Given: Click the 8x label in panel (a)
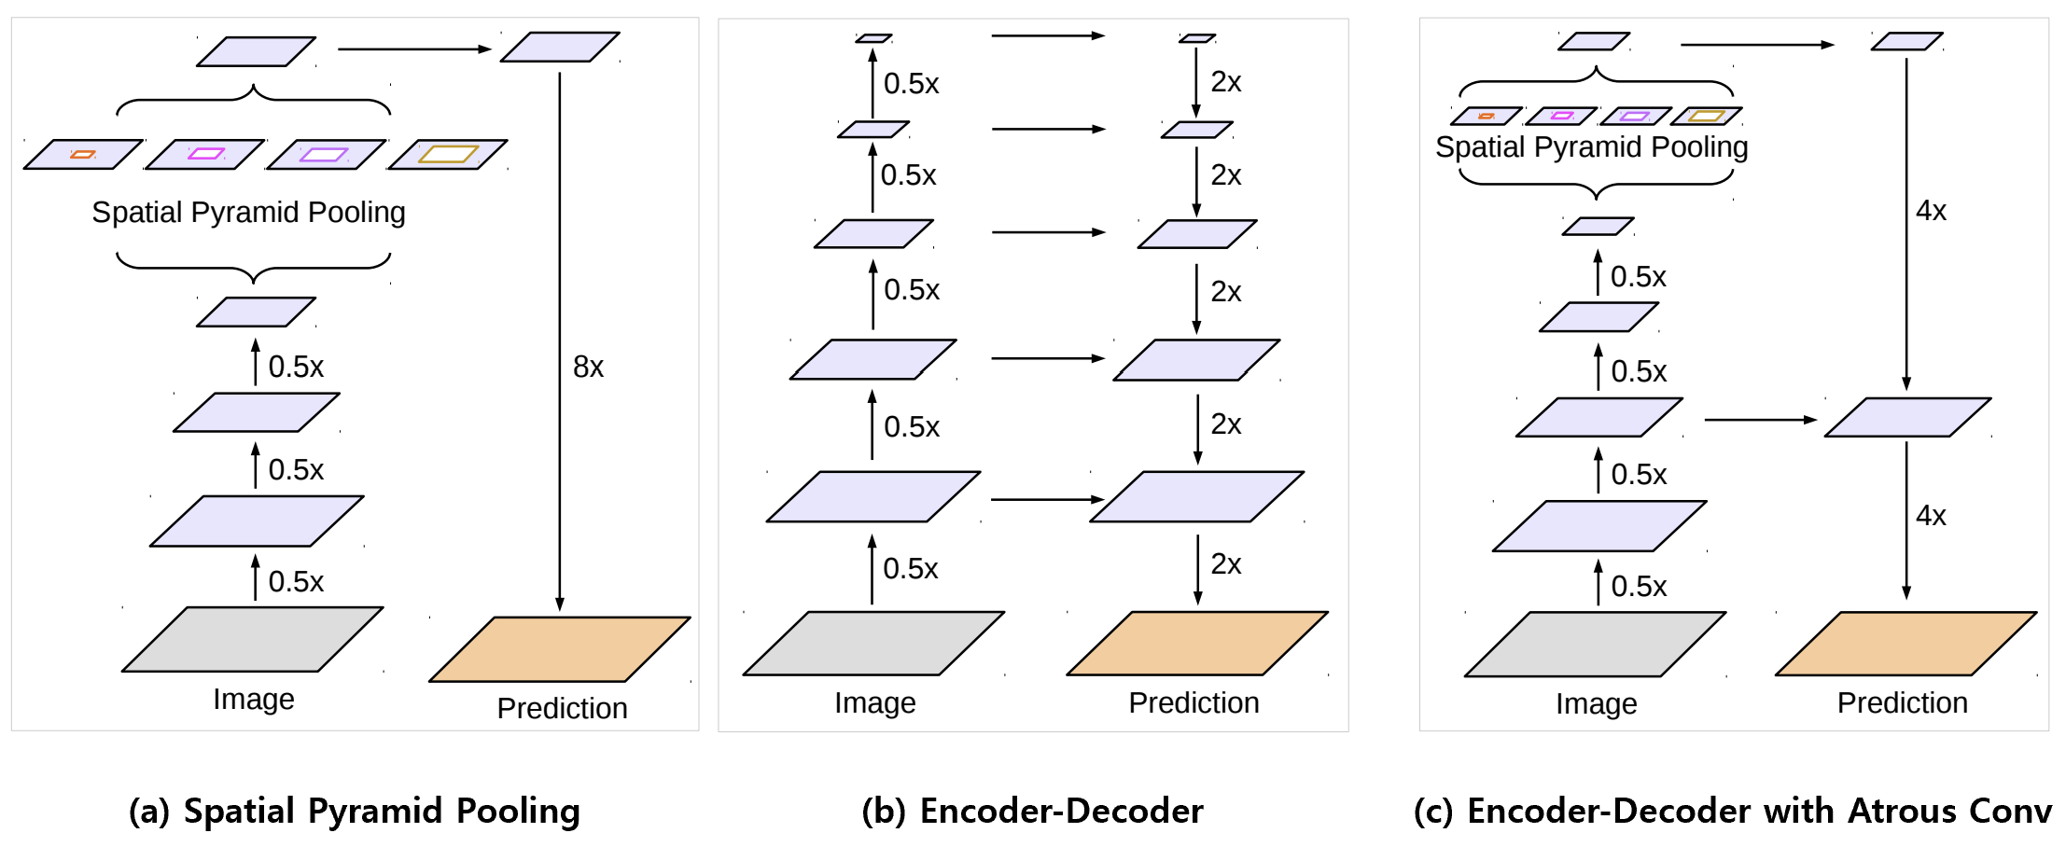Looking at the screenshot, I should click(x=588, y=368).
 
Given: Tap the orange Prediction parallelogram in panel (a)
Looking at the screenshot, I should click(x=560, y=649).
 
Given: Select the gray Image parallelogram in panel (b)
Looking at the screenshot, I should click(x=873, y=644).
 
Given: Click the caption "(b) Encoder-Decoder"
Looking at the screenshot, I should click(x=1032, y=812).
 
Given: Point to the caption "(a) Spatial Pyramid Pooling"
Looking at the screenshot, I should click(x=355, y=812).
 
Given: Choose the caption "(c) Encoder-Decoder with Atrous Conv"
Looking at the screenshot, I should click(x=1733, y=812).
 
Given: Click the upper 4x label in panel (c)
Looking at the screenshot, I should click(x=1931, y=211).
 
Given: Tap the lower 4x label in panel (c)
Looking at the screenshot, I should click(x=1931, y=516).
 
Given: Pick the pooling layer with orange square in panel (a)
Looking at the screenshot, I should click(x=83, y=154).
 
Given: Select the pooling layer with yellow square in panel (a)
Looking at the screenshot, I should click(x=448, y=154).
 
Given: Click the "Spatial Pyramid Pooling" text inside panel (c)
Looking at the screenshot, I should click(x=1591, y=147).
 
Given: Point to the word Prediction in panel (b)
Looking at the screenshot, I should click(x=1194, y=703).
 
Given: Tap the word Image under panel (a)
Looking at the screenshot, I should click(x=254, y=700).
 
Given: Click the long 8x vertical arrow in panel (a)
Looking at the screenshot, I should click(x=560, y=280).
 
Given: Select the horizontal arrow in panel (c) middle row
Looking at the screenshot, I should click(x=1760, y=420).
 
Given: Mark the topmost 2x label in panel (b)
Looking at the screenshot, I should click(x=1225, y=82).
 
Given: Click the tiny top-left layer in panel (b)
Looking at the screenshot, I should click(x=873, y=38).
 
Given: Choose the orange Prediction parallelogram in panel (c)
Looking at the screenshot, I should click(x=1905, y=644).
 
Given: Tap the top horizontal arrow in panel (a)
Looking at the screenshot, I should click(x=414, y=49).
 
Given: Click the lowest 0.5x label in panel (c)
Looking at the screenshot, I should click(x=1639, y=587).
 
